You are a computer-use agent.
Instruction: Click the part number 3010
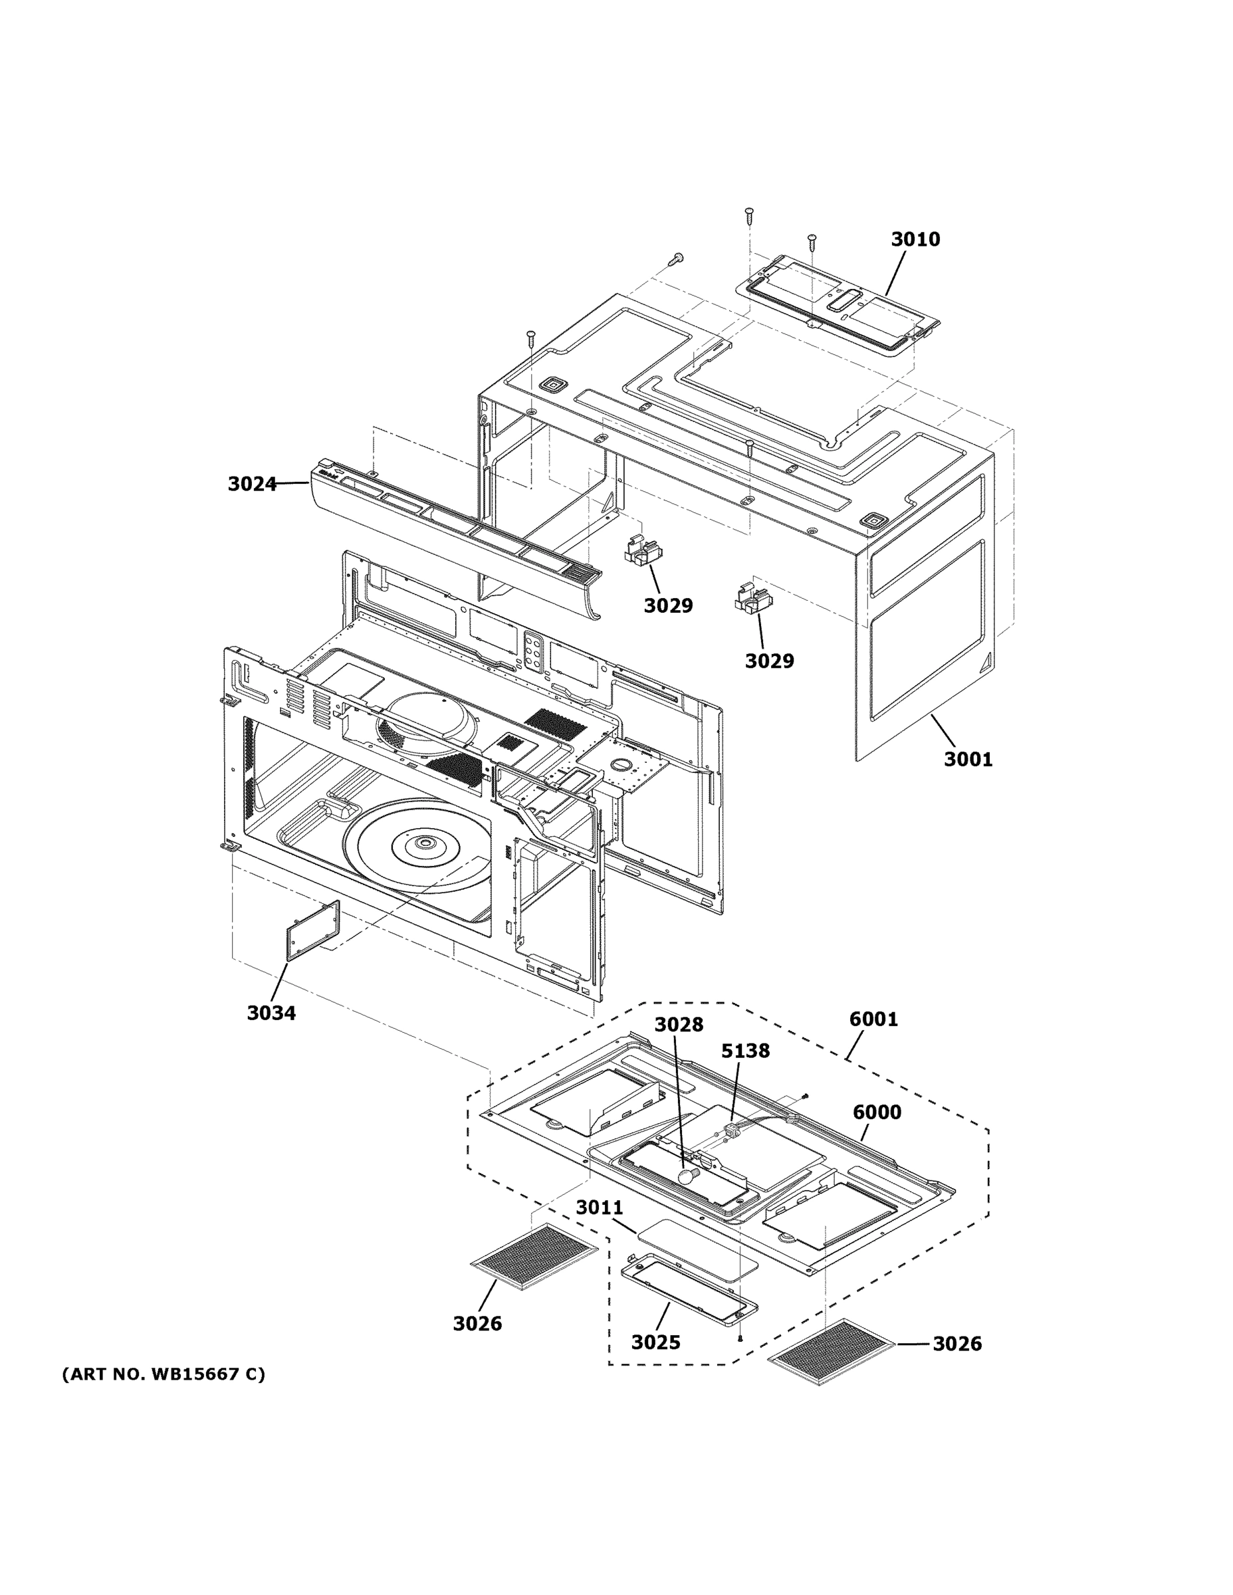pyautogui.click(x=915, y=239)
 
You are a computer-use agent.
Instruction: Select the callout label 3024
pyautogui.click(x=251, y=483)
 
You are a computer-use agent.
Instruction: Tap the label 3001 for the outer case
pyautogui.click(x=968, y=760)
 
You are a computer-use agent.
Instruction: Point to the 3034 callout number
pyautogui.click(x=271, y=1013)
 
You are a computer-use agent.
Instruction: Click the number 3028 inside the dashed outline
pyautogui.click(x=678, y=1025)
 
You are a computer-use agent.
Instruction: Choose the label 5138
pyautogui.click(x=745, y=1051)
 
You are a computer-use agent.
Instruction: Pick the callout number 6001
pyautogui.click(x=873, y=1019)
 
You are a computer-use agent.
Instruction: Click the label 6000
pyautogui.click(x=877, y=1113)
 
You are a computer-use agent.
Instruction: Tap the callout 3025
pyautogui.click(x=655, y=1342)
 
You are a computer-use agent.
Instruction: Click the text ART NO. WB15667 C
pyautogui.click(x=164, y=1374)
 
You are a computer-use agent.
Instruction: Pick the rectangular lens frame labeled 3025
pyautogui.click(x=688, y=1289)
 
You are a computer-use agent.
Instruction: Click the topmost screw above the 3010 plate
pyautogui.click(x=748, y=215)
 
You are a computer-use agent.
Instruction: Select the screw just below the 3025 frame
pyautogui.click(x=739, y=1338)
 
